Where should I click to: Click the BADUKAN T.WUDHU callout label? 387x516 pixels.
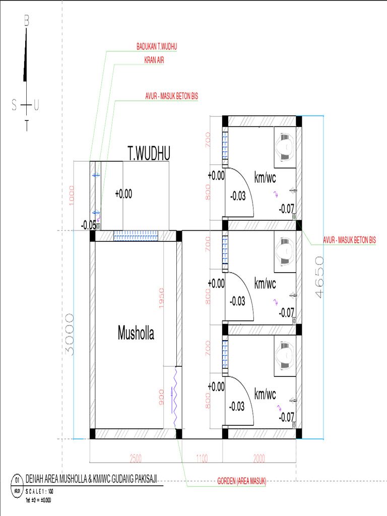click(157, 46)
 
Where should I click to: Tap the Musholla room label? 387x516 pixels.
click(136, 333)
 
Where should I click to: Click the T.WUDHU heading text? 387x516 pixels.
click(149, 154)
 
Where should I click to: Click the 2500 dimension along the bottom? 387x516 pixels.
click(136, 458)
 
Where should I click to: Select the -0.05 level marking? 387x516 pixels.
click(88, 225)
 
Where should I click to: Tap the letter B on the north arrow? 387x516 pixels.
click(27, 21)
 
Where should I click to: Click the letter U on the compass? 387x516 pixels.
click(36, 105)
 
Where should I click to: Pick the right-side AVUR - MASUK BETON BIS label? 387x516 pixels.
click(349, 240)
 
